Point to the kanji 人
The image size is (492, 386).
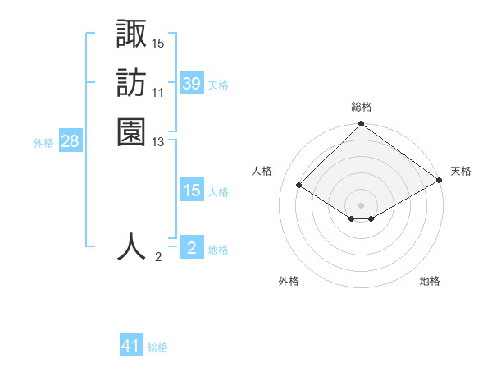[132, 247]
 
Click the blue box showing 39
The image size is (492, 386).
[191, 84]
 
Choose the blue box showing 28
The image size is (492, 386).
[70, 141]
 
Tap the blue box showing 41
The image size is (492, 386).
[131, 346]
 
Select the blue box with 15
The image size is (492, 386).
[191, 191]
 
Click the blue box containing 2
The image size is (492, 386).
[191, 248]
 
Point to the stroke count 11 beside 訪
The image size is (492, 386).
[158, 93]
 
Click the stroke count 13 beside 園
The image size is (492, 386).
[158, 142]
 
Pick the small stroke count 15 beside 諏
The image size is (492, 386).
[158, 43]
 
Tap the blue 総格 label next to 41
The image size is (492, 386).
[157, 347]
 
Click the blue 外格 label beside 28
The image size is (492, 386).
[43, 143]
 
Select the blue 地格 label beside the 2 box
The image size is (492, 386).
[218, 250]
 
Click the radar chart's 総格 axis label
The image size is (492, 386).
[361, 107]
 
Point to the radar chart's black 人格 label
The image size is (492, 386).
[262, 171]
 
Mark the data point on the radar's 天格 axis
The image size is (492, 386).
[440, 181]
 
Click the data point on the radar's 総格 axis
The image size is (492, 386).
[361, 125]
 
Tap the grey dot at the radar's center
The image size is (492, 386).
[361, 204]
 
